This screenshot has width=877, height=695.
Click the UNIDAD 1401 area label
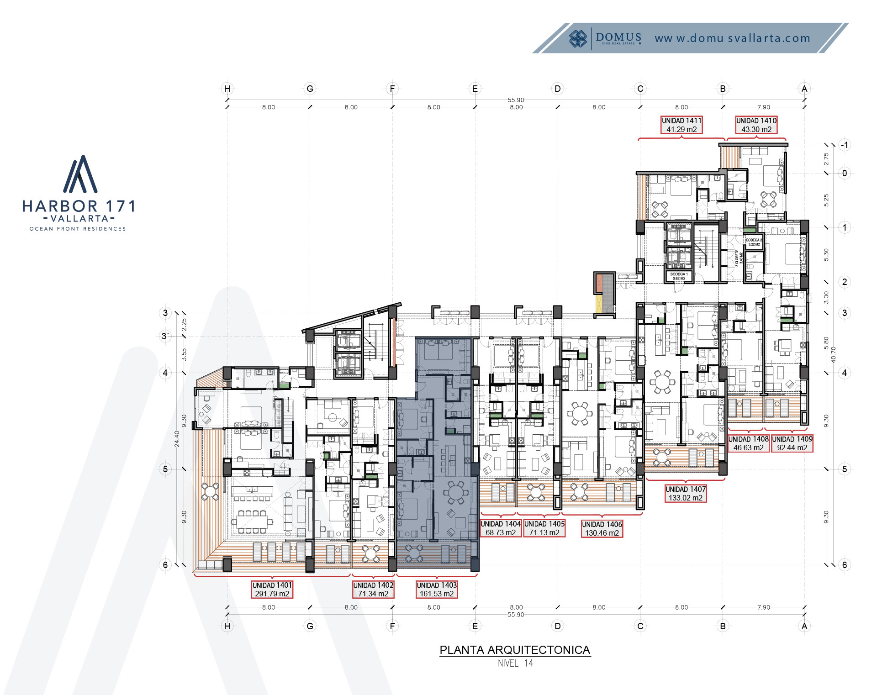click(x=272, y=589)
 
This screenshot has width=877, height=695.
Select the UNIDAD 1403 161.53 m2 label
click(x=437, y=589)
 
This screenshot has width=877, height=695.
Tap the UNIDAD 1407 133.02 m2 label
click(x=686, y=493)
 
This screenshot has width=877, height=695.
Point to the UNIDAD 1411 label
click(x=682, y=125)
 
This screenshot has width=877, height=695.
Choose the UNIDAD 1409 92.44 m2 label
click(x=792, y=443)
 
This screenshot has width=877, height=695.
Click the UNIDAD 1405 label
click(x=544, y=528)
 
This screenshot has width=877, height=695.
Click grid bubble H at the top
click(x=227, y=89)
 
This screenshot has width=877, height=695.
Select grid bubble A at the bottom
click(x=804, y=626)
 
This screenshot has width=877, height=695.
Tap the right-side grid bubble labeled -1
click(x=845, y=145)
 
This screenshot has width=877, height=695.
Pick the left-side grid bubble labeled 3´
click(x=165, y=336)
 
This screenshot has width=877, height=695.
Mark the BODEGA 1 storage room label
click(x=679, y=276)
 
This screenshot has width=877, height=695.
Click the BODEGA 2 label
click(x=754, y=242)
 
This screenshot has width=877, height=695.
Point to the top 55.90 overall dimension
click(x=516, y=100)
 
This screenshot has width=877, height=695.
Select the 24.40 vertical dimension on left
click(x=177, y=438)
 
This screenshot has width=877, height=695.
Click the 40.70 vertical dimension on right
click(x=833, y=354)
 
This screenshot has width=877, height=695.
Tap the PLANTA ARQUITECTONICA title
click(x=515, y=650)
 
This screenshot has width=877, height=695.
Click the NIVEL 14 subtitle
click(x=515, y=663)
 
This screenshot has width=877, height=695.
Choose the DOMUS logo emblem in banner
click(x=578, y=38)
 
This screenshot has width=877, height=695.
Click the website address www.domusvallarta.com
click(x=732, y=38)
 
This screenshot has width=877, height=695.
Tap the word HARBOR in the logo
click(x=60, y=206)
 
